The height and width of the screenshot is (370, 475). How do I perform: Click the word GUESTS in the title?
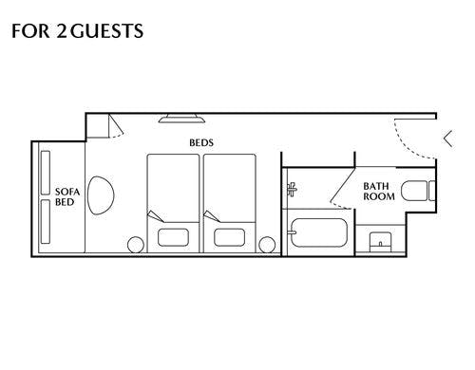(x=106, y=31)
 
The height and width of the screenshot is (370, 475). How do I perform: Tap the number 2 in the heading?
(x=61, y=31)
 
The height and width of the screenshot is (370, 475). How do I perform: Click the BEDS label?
(x=201, y=142)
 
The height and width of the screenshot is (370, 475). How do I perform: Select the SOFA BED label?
(x=67, y=196)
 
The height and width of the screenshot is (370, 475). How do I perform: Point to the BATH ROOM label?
(x=379, y=192)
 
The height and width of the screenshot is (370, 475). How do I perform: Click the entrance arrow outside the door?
(x=448, y=139)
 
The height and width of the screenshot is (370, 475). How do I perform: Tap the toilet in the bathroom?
(x=418, y=191)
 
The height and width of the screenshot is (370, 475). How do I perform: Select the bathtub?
(x=319, y=232)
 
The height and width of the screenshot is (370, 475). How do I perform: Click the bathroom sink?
(x=381, y=242)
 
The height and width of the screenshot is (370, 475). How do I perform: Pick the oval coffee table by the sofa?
(x=101, y=195)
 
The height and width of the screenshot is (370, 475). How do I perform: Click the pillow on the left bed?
(x=173, y=237)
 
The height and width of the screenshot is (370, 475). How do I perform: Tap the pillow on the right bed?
(x=229, y=237)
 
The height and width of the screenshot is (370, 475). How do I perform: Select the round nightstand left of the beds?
(x=136, y=245)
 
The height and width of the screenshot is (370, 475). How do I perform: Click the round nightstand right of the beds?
(x=267, y=245)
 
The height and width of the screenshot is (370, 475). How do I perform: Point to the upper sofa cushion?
(x=46, y=173)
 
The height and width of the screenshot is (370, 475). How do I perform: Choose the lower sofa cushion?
(x=46, y=221)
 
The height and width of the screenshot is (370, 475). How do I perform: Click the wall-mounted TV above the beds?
(x=181, y=119)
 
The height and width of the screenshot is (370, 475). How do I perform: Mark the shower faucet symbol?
(x=292, y=190)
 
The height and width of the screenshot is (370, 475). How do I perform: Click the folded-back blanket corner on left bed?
(x=155, y=216)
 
